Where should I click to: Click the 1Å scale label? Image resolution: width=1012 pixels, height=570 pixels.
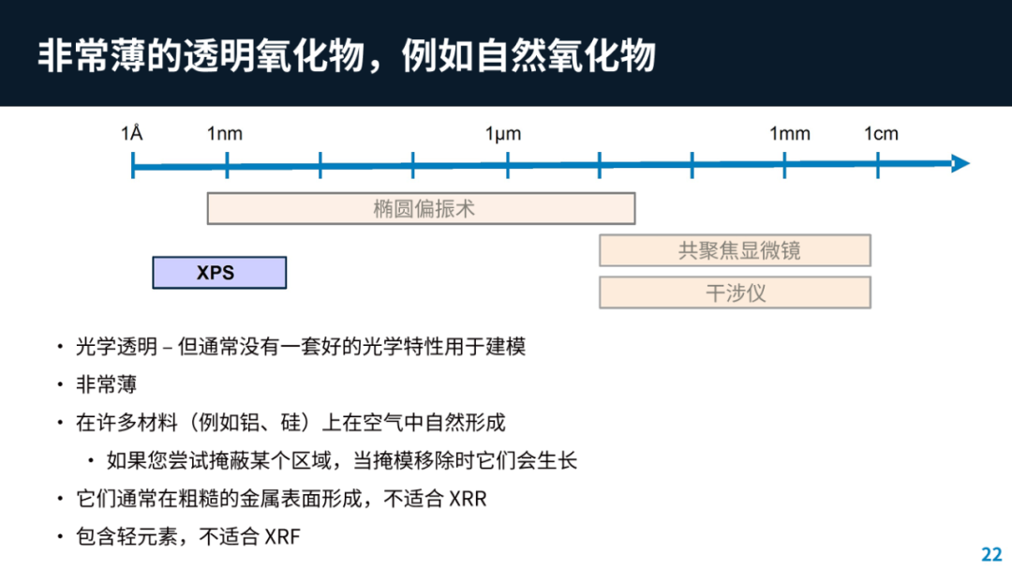tap(132, 133)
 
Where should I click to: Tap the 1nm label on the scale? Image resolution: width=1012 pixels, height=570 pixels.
tap(225, 134)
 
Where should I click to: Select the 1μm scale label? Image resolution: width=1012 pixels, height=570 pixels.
tap(503, 134)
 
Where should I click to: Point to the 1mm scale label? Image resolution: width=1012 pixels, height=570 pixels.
tap(789, 134)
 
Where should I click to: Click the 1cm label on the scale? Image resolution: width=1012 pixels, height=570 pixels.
tap(881, 134)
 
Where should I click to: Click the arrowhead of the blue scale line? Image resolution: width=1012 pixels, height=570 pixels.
tap(961, 164)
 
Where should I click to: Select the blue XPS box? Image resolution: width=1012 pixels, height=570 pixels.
tap(219, 273)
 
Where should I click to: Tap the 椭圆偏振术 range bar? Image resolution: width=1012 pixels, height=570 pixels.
tap(421, 208)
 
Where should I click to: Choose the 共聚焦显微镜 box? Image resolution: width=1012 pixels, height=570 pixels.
tap(736, 250)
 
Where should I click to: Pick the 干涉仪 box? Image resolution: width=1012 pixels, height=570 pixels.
tap(736, 292)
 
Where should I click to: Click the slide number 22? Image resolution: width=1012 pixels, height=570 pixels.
tap(991, 554)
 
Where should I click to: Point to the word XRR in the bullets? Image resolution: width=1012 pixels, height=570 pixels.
tap(468, 499)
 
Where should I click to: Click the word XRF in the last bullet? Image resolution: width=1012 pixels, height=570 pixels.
tap(283, 536)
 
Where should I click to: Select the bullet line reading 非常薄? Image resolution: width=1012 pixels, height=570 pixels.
tap(107, 384)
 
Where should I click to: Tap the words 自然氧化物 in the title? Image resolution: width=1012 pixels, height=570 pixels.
tap(566, 55)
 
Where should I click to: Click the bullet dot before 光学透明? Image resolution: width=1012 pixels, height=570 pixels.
tap(60, 347)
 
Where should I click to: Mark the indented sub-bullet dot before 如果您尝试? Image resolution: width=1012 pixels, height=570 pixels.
tap(91, 461)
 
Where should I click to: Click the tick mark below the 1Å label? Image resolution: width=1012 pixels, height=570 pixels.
tap(133, 165)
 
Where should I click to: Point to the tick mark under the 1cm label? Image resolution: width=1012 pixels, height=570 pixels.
tap(878, 165)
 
